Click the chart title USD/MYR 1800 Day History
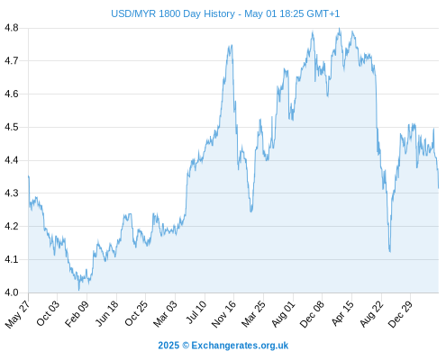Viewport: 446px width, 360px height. pyautogui.click(x=173, y=13)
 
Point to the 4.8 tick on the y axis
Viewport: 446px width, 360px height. pyautogui.click(x=12, y=28)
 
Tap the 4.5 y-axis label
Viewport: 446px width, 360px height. pyautogui.click(x=12, y=127)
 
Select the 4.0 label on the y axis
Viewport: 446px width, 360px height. pyautogui.click(x=12, y=292)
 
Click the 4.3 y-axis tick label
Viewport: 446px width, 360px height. pyautogui.click(x=12, y=193)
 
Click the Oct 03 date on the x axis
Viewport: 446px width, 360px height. pyautogui.click(x=48, y=313)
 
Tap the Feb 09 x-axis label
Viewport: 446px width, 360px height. pyautogui.click(x=77, y=313)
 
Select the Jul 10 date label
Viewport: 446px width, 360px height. pyautogui.click(x=196, y=312)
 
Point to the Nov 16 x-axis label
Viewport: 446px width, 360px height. pyautogui.click(x=223, y=314)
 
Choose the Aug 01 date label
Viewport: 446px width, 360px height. pyautogui.click(x=283, y=314)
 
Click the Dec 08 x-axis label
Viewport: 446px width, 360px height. pyautogui.click(x=312, y=314)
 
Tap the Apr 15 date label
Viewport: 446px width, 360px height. pyautogui.click(x=342, y=313)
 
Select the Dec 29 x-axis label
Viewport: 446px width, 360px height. pyautogui.click(x=400, y=314)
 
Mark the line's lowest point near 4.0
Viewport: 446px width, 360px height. pyautogui.click(x=79, y=290)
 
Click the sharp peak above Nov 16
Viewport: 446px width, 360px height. pyautogui.click(x=232, y=45)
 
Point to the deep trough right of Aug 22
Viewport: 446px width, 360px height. pyautogui.click(x=390, y=251)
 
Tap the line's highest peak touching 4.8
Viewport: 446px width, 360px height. pyautogui.click(x=340, y=28)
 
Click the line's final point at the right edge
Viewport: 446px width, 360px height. pyautogui.click(x=439, y=188)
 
